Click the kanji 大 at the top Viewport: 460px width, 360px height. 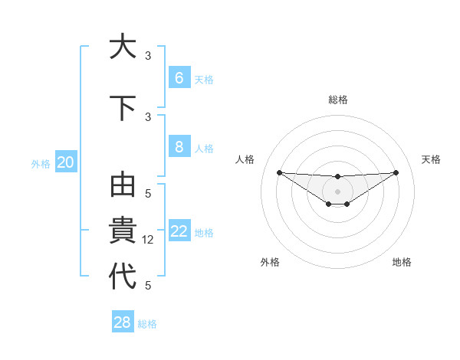(123, 47)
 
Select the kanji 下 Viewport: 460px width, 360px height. (123, 108)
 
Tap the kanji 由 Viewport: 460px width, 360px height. (123, 186)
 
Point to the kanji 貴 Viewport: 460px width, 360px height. (123, 231)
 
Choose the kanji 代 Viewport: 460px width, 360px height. (123, 277)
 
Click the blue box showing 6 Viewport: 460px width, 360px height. (179, 78)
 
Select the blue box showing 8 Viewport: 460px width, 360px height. (179, 147)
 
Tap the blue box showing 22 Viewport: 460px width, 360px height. (179, 231)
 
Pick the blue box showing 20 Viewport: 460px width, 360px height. (66, 162)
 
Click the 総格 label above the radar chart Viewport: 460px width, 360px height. (337, 100)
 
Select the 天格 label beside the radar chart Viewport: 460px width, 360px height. (431, 159)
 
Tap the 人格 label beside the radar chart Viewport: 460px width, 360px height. (245, 159)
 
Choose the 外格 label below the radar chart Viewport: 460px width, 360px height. (270, 262)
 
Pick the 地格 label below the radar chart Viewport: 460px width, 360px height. (402, 262)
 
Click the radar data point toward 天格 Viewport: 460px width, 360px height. (396, 172)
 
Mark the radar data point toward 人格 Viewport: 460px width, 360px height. (279, 172)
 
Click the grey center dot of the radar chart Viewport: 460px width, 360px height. (337, 191)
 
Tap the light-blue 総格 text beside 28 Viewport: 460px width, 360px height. (147, 324)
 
